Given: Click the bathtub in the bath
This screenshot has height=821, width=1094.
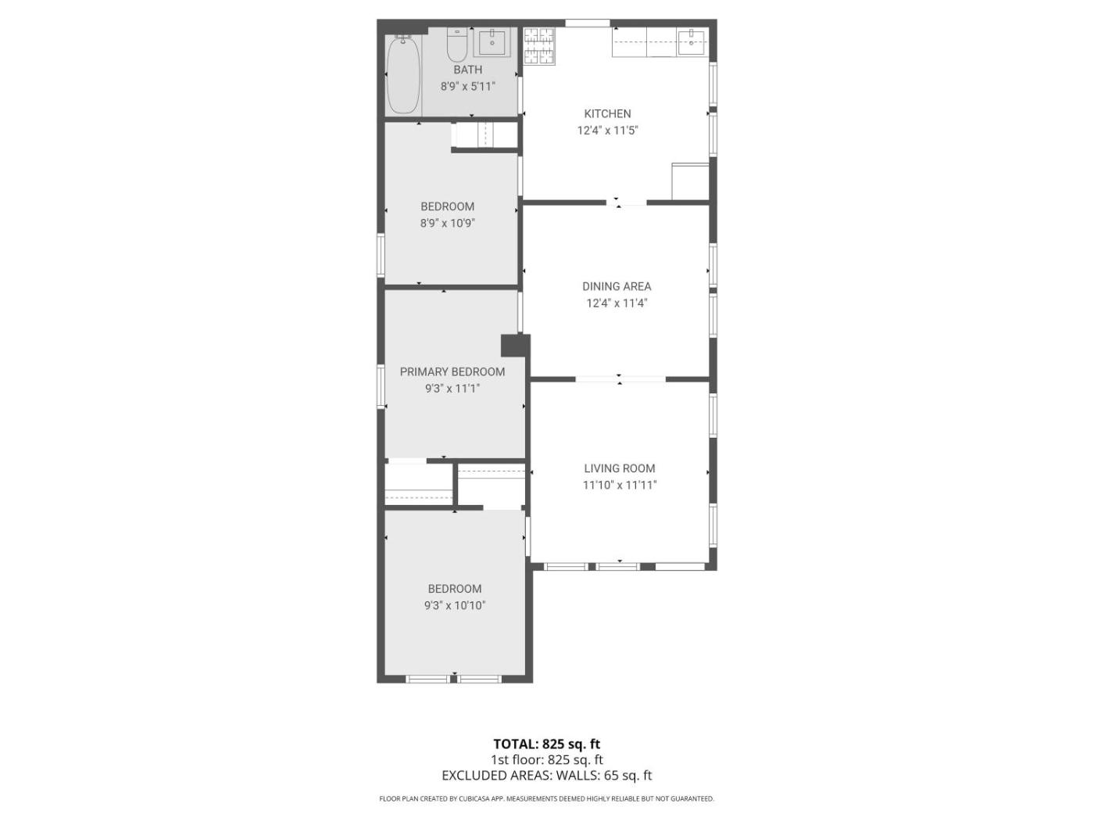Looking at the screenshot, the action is pos(402,74).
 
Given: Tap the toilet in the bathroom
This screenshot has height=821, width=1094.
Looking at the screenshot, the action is pos(456,44).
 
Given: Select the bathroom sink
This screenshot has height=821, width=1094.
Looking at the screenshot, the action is pos(492,43).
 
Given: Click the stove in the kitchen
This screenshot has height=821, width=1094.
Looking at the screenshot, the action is pos(538,46).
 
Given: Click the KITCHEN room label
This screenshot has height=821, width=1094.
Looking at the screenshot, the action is pos(607,113).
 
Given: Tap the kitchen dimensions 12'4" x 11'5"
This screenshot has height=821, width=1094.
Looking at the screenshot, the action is pos(607,131).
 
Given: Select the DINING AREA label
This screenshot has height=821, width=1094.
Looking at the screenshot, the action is pos(616,287).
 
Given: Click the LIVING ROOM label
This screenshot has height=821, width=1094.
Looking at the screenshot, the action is pos(619,468).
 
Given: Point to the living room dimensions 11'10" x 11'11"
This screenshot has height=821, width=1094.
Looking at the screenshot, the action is pos(620,485).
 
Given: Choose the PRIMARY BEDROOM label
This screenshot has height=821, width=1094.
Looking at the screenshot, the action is pos(452,372).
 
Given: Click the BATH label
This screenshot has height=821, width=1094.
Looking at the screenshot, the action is pos(467,70).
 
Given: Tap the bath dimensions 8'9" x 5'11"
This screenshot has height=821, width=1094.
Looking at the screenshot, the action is pos(467,87).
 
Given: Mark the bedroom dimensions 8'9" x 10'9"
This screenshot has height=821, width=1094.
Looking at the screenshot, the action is pos(447,224).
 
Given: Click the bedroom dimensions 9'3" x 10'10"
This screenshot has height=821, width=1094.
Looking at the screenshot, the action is pos(455,606).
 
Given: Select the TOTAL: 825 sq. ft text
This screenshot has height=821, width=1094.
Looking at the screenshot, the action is pos(547,744).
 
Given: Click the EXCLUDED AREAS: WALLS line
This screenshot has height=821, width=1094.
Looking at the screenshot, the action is pos(547,775).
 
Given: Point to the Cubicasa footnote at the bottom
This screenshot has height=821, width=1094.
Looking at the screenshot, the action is pos(546,798).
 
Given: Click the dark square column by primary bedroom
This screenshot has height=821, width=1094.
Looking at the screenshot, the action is pos(515,346).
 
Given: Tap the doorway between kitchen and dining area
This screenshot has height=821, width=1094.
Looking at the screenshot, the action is pos(626,203).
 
